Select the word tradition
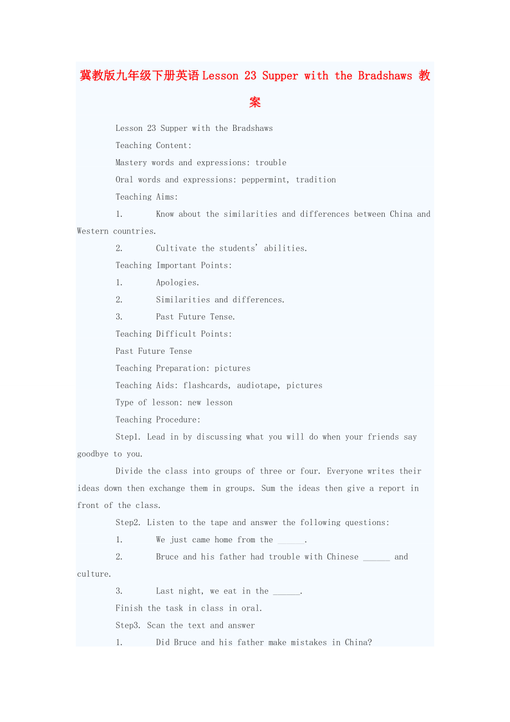pos(316,180)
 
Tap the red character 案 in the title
pos(255,103)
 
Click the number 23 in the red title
pos(251,76)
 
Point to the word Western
pos(93,231)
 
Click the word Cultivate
pos(176,248)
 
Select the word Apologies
pos(177,283)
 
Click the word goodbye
pos(93,454)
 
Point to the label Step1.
pos(129,437)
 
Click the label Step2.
pos(129,523)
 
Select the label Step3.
pos(129,626)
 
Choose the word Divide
pos(129,471)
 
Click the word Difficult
pos(176,334)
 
